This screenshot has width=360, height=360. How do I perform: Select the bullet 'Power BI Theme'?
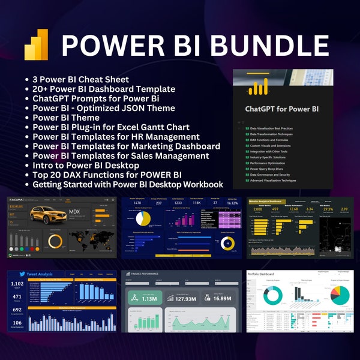[x=71, y=118]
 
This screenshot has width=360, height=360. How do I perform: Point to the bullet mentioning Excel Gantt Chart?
[x=111, y=127]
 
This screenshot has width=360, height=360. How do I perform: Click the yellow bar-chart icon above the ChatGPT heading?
[x=259, y=89]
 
